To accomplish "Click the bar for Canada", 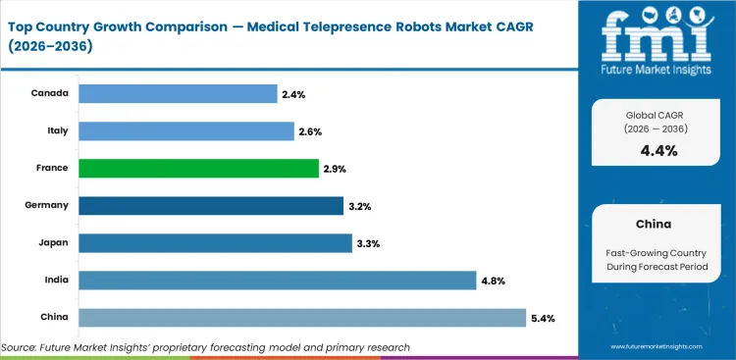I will (x=178, y=93).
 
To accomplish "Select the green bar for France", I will (x=197, y=168).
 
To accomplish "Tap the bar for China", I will (x=301, y=318).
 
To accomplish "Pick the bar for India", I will (x=277, y=281).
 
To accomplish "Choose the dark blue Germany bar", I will (x=211, y=205).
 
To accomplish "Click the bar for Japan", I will (x=215, y=242).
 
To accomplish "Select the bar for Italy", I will (x=185, y=130).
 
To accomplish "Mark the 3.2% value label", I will (x=358, y=206).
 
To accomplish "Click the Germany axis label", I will (x=46, y=205).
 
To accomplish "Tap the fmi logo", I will (x=657, y=38).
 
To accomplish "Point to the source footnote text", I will (x=206, y=347).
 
